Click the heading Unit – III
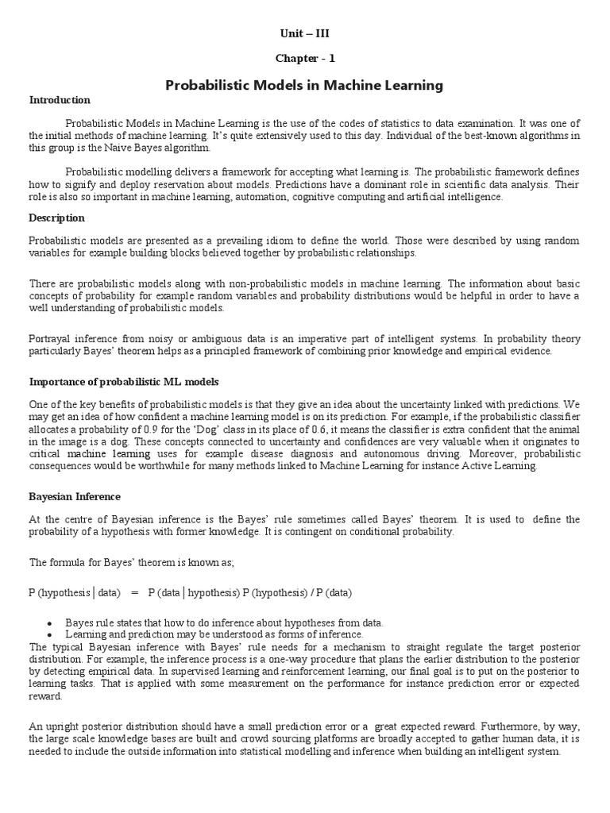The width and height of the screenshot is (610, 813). coord(304,33)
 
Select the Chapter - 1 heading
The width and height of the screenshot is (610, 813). coord(304,59)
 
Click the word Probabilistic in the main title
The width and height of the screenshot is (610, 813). coord(207,85)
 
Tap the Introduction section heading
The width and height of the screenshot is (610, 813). coord(60,100)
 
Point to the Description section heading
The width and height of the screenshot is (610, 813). coord(56,218)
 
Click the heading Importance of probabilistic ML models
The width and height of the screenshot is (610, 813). coord(123,382)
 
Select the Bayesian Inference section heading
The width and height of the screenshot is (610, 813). coord(75,496)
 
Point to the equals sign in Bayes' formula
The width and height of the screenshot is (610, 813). coord(134,592)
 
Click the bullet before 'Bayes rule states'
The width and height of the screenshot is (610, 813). coord(49,622)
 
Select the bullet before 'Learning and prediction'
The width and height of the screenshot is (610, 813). coord(49,634)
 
